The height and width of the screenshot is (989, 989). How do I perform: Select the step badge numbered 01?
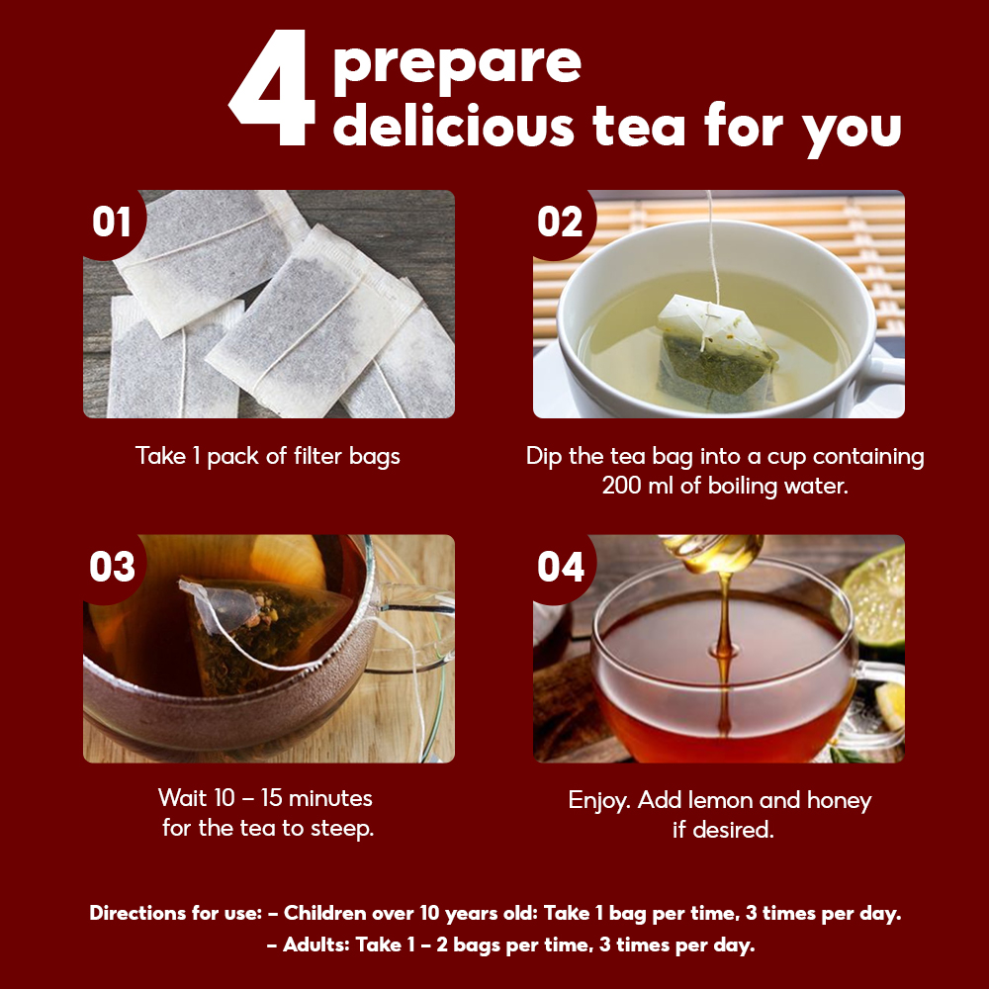coord(113,222)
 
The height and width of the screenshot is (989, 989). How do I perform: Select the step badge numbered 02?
coord(560,222)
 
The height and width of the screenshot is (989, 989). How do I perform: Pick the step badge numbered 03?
coord(113,567)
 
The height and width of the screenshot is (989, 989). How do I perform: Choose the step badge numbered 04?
coord(560,567)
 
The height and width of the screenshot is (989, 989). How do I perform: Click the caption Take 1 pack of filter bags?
coord(267,456)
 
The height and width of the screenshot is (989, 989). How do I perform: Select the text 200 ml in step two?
coord(637,486)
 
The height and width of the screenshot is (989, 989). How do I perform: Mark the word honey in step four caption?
coord(839,801)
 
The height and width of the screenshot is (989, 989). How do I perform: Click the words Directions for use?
coord(175,913)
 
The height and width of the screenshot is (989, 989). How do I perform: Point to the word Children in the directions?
coord(325,913)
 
